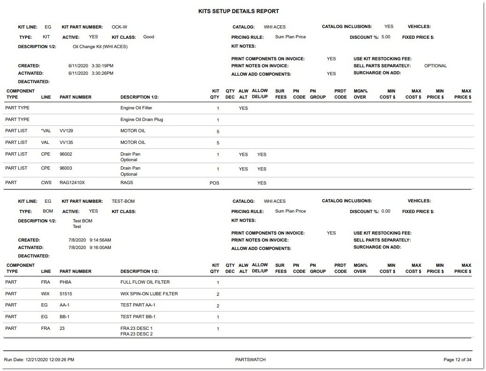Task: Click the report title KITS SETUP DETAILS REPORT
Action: coord(239,11)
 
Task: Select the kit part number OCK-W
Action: coord(119,27)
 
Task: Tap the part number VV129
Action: coord(67,131)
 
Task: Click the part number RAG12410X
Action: coord(72,183)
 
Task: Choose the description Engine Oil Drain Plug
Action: coord(142,120)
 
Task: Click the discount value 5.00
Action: coord(385,37)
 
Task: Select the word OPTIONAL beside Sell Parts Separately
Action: coord(435,66)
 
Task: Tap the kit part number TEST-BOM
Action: coord(123,201)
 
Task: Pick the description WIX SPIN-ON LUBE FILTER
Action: coord(149,294)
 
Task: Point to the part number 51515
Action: coord(66,294)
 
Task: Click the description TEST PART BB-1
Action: coord(138,317)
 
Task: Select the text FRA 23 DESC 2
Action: coord(137,334)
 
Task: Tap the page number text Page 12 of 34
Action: coord(457,360)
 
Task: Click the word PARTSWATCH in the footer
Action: coord(250,360)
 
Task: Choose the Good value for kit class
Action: coord(149,37)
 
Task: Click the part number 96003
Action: coord(66,168)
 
